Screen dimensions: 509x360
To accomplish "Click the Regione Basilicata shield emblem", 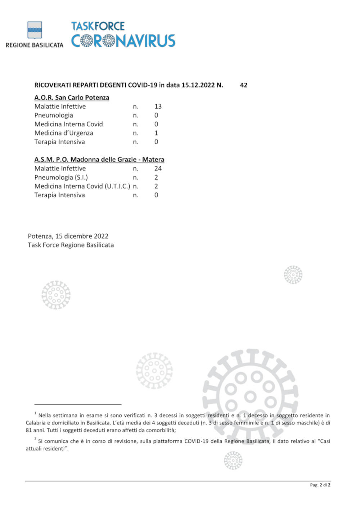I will point(35,30).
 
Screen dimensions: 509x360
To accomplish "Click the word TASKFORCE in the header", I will point(98,26).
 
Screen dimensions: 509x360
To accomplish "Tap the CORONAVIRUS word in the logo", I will point(123,41).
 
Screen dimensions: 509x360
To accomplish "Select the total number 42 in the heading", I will point(243,85).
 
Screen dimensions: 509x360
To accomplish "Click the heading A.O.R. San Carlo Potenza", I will point(72,97).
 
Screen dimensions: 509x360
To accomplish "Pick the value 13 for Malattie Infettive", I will point(158,106).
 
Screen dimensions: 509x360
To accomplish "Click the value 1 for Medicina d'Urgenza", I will point(156,133).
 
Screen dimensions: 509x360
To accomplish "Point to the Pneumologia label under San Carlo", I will point(54,115).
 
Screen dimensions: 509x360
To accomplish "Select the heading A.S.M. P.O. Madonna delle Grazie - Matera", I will point(99,159).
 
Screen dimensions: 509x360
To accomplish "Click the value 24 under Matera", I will point(158,168).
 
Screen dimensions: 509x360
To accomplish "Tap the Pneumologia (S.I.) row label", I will point(61,177).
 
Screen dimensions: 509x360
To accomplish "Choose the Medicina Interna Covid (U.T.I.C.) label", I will point(82,186).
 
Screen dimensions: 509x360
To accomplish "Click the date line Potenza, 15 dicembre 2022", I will point(68,236).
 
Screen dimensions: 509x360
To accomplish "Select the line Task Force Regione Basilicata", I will point(71,245).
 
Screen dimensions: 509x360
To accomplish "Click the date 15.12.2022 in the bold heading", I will point(198,85).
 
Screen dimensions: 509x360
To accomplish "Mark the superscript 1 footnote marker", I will point(35,413).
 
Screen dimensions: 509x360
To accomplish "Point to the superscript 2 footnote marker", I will point(35,439).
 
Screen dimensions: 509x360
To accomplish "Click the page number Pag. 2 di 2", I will point(320,485).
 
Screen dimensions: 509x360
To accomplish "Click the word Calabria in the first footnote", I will point(36,423).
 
